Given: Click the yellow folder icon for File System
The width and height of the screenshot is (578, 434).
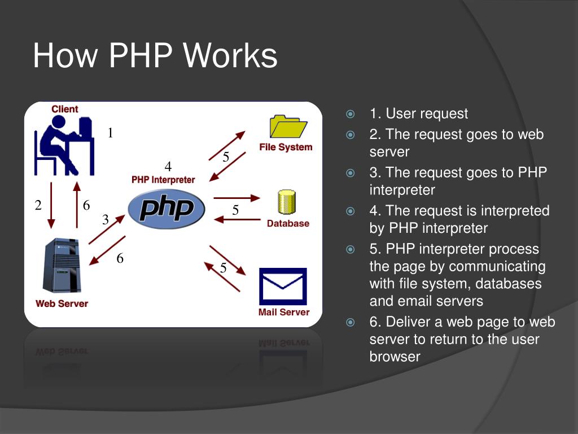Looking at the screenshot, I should [x=288, y=127].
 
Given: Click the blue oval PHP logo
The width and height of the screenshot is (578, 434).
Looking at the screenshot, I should [x=167, y=209].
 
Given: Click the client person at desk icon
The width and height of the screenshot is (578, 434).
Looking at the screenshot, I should [x=64, y=145].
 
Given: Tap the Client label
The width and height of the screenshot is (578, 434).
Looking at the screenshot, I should [x=65, y=109].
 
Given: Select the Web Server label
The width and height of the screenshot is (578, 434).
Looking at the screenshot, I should [x=62, y=303].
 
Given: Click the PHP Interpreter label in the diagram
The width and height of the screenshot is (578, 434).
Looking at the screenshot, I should [x=163, y=180].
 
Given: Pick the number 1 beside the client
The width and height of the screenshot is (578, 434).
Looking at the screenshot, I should [x=111, y=133].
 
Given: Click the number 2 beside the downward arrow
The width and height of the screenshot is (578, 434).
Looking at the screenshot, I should [x=38, y=205].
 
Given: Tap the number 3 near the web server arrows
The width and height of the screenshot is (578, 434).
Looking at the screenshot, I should [x=105, y=220].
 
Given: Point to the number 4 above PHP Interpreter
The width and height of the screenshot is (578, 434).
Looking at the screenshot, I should [x=168, y=167].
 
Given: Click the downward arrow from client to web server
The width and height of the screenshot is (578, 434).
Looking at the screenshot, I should [x=51, y=205].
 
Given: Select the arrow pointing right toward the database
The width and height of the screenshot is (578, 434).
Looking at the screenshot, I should [x=237, y=198].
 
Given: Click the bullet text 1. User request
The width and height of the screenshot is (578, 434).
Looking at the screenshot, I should [x=419, y=114].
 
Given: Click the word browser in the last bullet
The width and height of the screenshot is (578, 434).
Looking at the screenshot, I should [x=395, y=357].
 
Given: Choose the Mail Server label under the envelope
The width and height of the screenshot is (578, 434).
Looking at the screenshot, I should [x=283, y=312].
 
